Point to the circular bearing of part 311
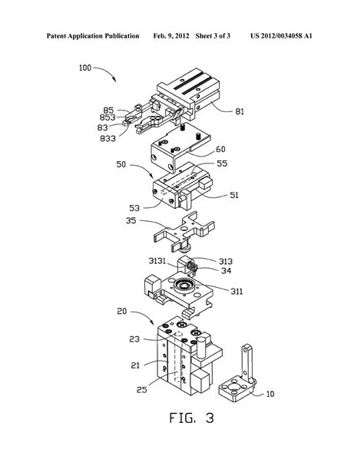184,288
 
